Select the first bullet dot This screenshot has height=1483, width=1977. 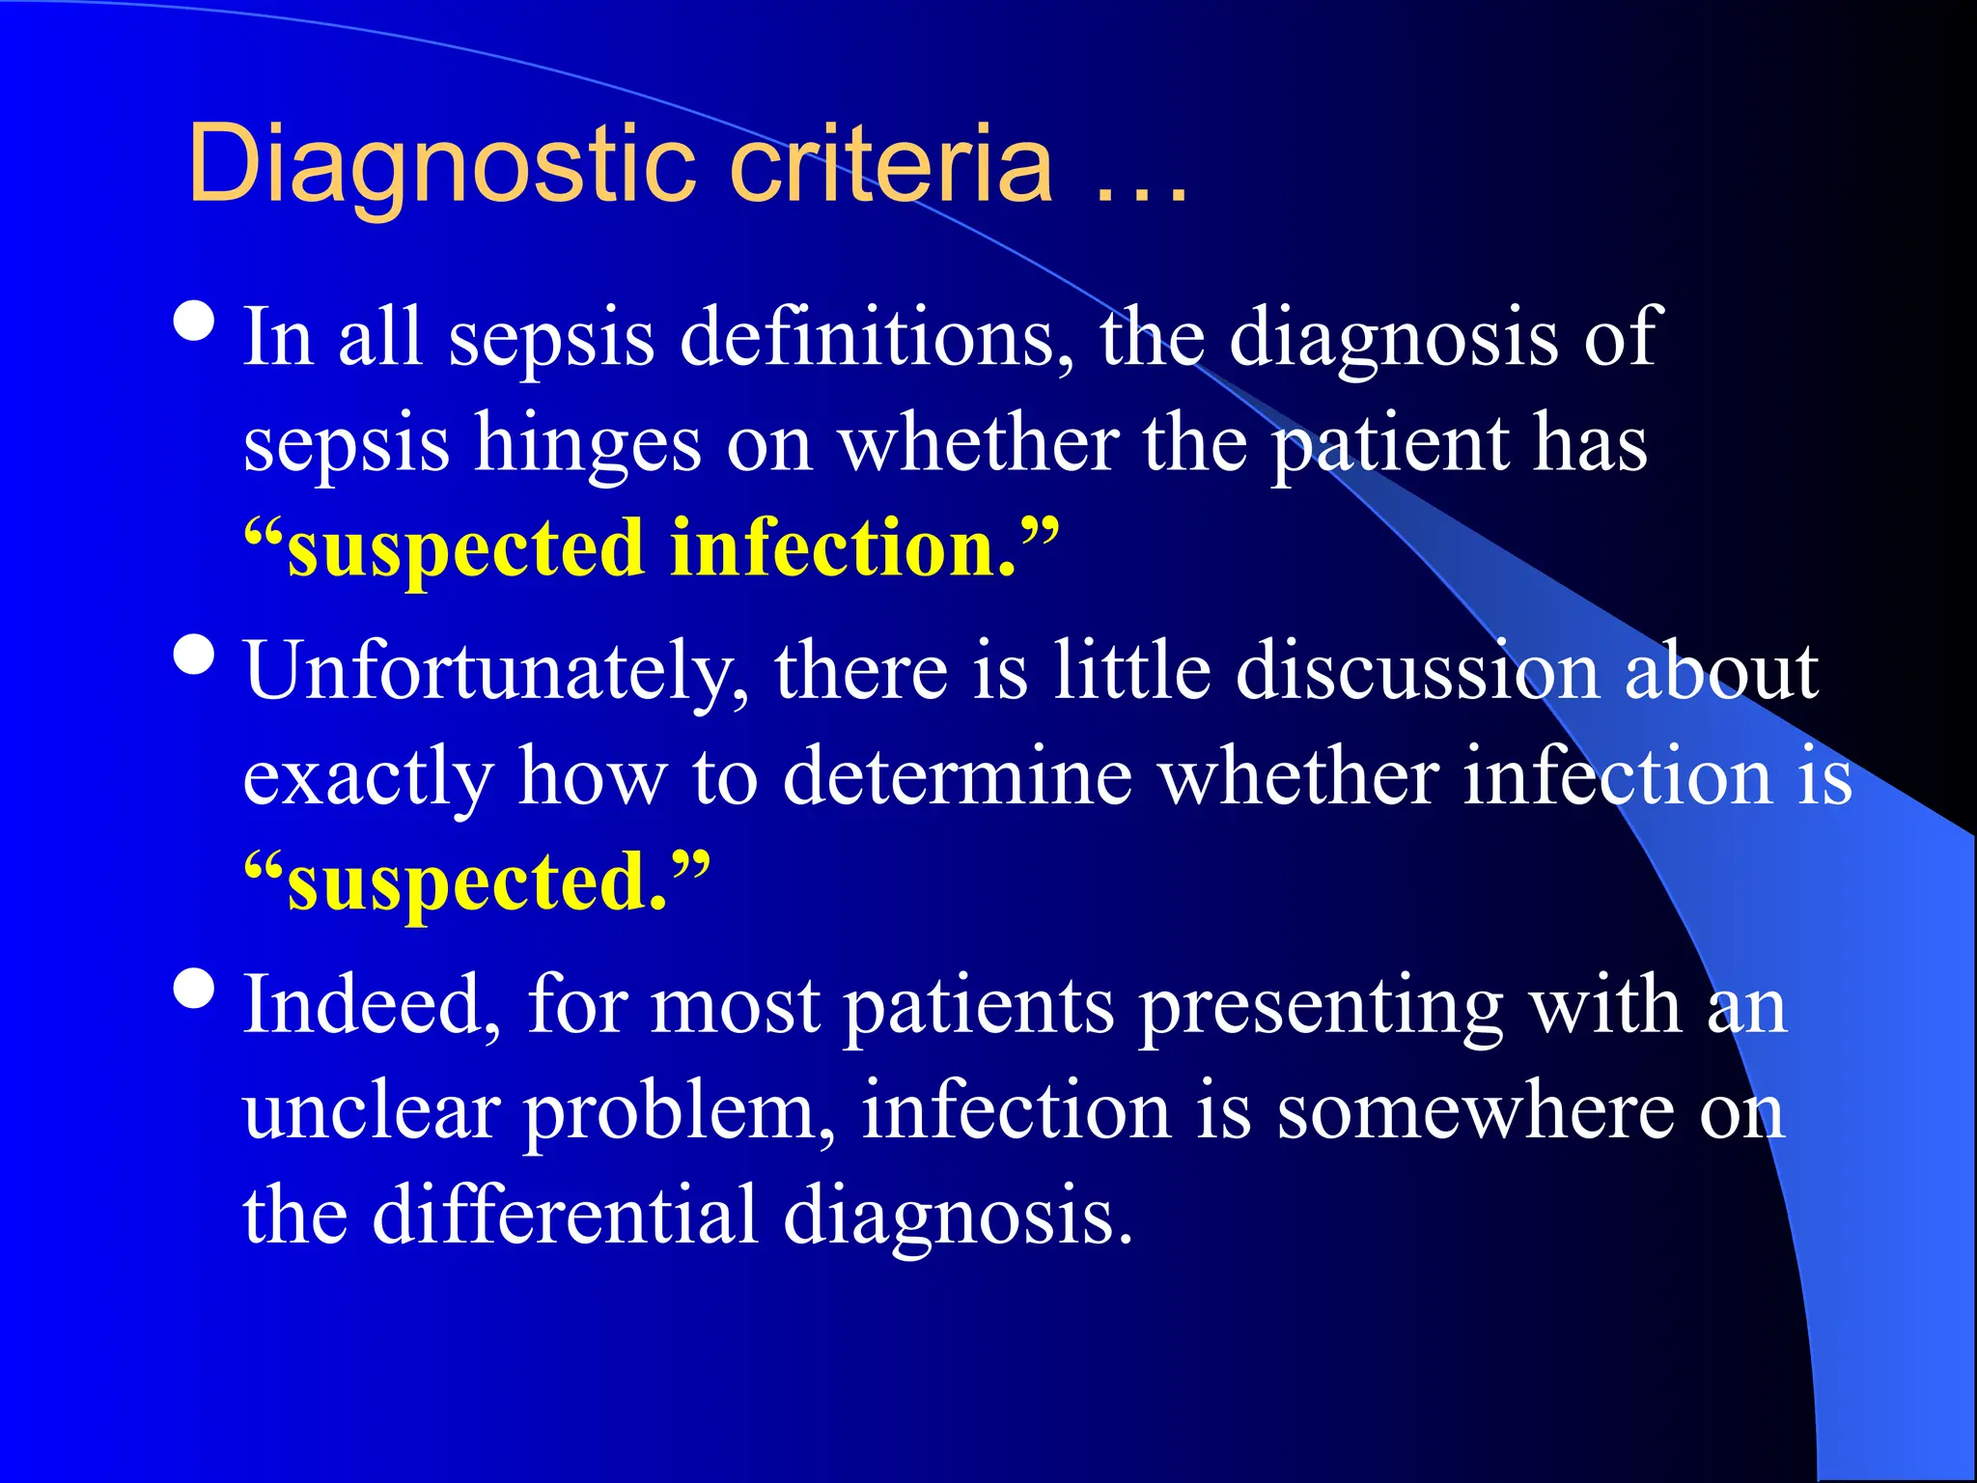click(195, 322)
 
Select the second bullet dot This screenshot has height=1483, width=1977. click(195, 655)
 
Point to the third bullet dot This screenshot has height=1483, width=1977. click(195, 989)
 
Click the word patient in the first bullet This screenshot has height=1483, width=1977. click(1389, 444)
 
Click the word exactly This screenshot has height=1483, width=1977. click(368, 778)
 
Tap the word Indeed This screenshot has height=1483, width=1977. click(373, 1005)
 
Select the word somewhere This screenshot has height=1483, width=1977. click(1477, 1110)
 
